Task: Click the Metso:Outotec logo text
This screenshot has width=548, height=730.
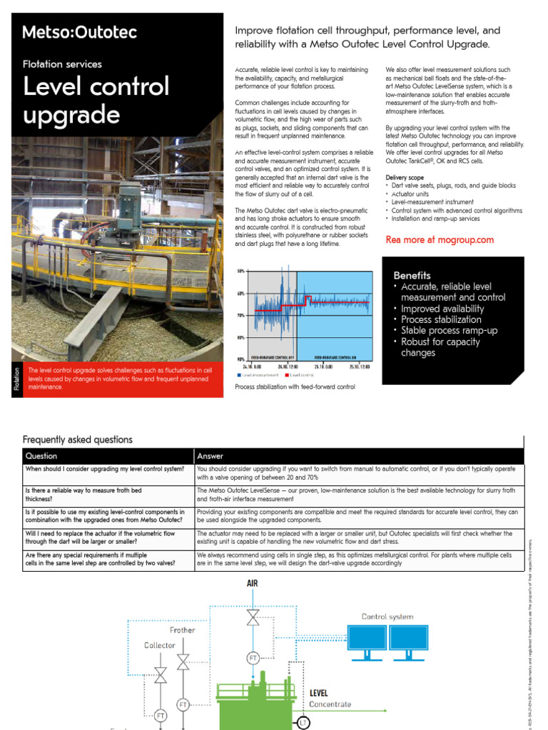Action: click(x=79, y=32)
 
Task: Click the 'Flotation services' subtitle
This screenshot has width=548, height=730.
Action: click(x=63, y=64)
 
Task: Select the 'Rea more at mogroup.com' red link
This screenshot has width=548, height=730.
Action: click(x=440, y=240)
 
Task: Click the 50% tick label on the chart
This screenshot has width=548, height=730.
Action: click(x=240, y=271)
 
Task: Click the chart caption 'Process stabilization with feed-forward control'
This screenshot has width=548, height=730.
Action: click(x=295, y=387)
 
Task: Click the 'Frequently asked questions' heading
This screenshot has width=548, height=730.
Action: click(x=77, y=440)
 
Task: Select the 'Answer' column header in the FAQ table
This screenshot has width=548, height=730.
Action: click(x=210, y=456)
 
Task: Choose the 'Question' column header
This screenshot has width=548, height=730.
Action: click(x=41, y=456)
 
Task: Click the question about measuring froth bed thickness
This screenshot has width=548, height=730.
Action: click(x=83, y=494)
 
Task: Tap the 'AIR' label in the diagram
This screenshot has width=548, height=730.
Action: click(x=253, y=583)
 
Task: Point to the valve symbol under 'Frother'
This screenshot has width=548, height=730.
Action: click(x=183, y=662)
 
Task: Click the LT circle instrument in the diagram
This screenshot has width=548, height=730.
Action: click(x=303, y=723)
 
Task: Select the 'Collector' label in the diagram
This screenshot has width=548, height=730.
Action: click(x=159, y=645)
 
